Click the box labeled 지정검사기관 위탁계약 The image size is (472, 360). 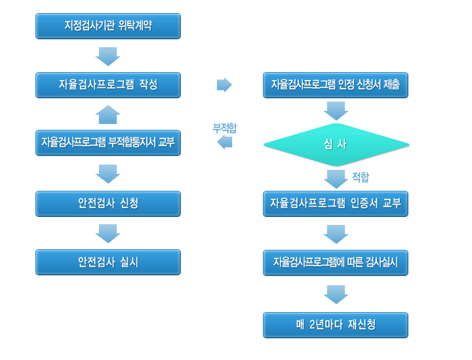(x=108, y=26)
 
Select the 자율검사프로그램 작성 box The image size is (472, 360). (x=108, y=85)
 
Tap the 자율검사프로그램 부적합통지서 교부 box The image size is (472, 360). (x=108, y=143)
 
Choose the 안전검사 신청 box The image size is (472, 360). (x=108, y=204)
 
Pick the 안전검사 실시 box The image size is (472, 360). (x=108, y=262)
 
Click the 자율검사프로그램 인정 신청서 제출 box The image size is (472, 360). (x=336, y=85)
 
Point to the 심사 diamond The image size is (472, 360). (x=336, y=145)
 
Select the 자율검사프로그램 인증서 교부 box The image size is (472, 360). (x=336, y=204)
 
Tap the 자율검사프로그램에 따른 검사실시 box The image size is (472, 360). (x=336, y=263)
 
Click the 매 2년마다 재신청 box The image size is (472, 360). (x=336, y=325)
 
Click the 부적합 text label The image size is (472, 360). (x=225, y=129)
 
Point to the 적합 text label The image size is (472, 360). (x=361, y=177)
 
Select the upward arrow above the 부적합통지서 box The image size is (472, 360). (x=108, y=114)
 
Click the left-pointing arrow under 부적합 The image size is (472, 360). (x=225, y=142)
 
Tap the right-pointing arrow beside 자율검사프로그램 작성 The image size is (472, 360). (x=225, y=85)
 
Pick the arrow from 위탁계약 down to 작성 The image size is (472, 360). (x=108, y=56)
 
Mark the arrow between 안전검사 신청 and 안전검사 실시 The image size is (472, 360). (x=108, y=233)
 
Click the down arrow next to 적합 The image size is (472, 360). (x=336, y=179)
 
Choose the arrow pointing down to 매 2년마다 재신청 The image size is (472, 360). (x=336, y=294)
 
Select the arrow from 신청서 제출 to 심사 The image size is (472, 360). (x=336, y=111)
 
